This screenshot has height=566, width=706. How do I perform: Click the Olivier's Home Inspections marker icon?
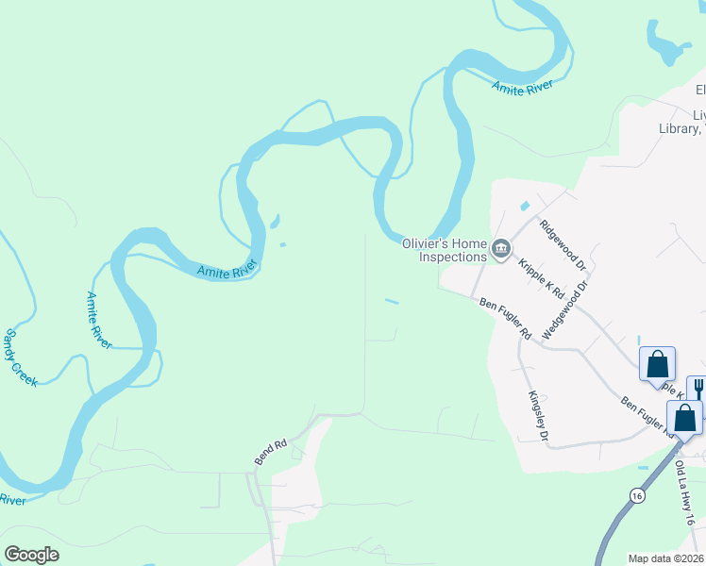(x=501, y=250)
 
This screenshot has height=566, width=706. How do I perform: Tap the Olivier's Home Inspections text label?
(x=445, y=249)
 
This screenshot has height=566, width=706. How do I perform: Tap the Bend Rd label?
(x=271, y=452)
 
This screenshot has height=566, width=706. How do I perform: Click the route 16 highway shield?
(x=636, y=495)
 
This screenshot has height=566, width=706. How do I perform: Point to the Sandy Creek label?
(x=20, y=357)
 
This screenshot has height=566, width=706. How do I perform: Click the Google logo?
(x=31, y=555)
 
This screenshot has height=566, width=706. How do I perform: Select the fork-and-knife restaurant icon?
(x=699, y=389)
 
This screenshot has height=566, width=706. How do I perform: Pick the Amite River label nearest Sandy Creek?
(x=99, y=320)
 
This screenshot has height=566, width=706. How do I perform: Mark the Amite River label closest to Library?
(x=522, y=87)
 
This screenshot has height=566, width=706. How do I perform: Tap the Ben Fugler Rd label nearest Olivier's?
(x=506, y=319)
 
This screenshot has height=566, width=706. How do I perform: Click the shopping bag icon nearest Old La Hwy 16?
(x=685, y=416)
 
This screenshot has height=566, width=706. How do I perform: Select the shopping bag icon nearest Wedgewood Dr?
(x=657, y=363)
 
